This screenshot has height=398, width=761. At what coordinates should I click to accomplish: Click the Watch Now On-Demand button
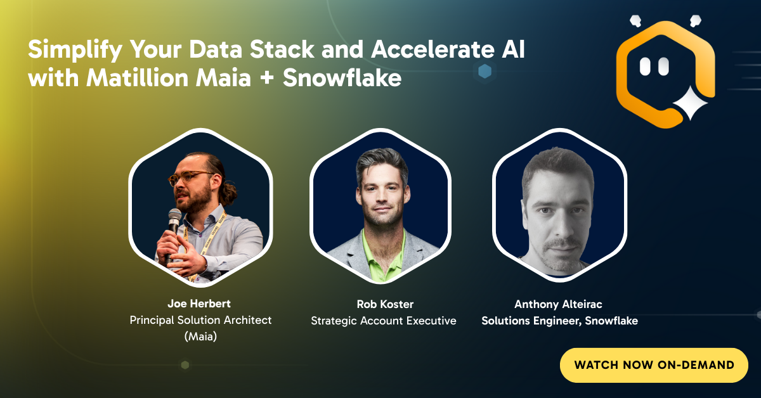[654, 365]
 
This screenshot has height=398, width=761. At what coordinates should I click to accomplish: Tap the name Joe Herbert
[199, 304]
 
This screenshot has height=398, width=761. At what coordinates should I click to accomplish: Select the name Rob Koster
[385, 304]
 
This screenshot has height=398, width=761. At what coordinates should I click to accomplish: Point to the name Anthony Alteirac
[558, 304]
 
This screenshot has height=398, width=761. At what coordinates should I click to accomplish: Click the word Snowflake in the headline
[342, 78]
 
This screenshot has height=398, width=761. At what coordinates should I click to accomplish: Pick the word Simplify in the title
[75, 50]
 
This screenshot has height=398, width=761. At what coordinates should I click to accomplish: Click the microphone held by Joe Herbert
[173, 231]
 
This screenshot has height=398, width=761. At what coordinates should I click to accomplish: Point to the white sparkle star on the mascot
[691, 103]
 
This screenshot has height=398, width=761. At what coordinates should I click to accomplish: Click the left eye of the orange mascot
[645, 66]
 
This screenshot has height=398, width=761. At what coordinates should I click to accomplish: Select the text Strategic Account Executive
[384, 321]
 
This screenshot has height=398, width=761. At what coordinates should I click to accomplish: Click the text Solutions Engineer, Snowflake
[559, 321]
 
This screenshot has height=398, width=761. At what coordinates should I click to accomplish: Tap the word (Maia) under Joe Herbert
[200, 337]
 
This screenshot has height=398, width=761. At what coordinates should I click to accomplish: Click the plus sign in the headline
[267, 79]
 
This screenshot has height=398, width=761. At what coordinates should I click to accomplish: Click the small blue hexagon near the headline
[485, 72]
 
